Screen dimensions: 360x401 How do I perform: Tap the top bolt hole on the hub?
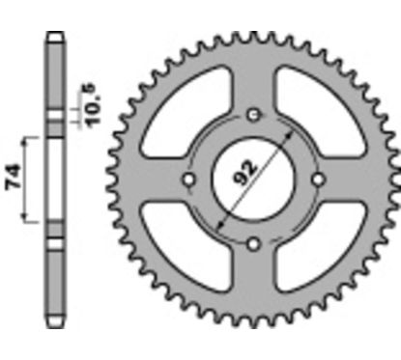click(253, 117)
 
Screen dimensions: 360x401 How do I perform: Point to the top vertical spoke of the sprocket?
click(253, 82)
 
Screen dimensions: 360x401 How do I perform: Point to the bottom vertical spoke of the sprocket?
click(253, 280)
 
